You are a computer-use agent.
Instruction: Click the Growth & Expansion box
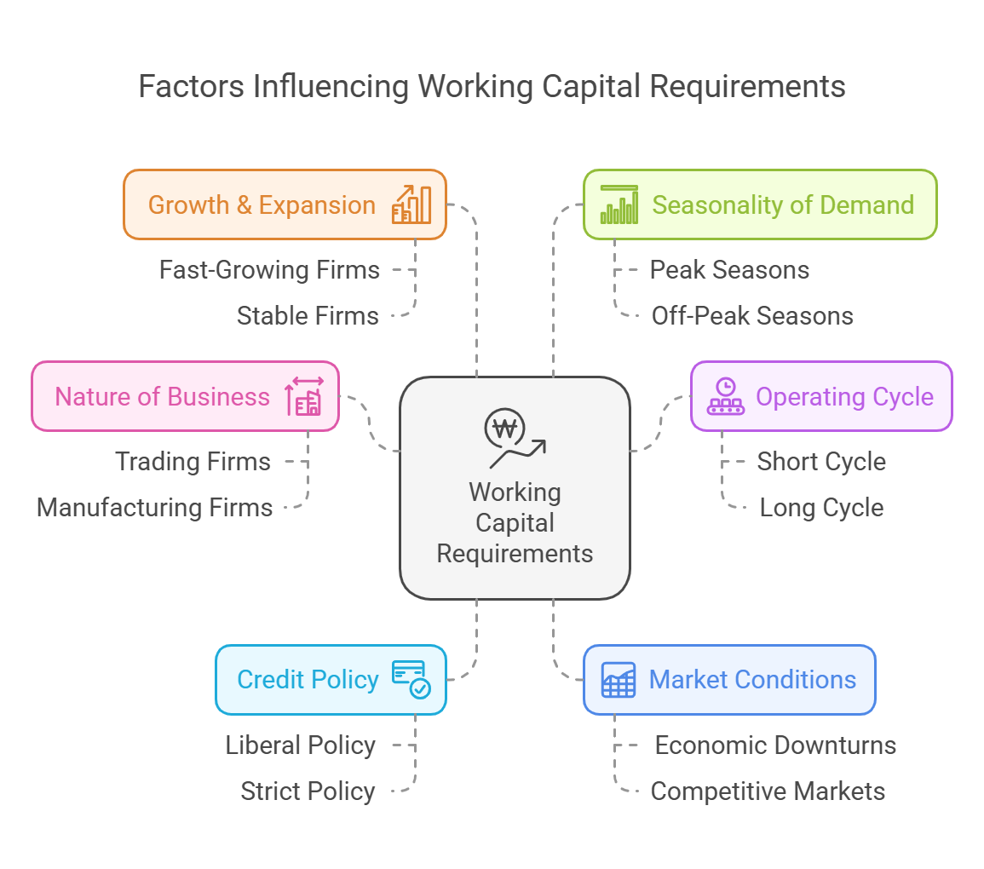285,204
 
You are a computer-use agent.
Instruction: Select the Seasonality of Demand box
759,204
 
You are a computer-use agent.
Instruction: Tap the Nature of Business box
185,396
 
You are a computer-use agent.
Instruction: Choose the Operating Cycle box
820,396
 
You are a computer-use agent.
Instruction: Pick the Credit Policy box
331,679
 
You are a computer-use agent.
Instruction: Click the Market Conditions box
729,679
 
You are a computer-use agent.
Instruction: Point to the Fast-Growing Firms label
269,270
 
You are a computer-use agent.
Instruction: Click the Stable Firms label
308,316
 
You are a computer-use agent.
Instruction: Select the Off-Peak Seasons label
752,316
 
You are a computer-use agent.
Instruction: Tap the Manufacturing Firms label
154,508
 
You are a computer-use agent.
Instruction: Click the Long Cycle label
821,508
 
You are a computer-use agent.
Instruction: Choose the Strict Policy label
308,791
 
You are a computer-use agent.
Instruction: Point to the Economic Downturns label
775,745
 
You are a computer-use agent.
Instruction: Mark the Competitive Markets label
768,791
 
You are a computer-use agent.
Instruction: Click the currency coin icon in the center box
504,429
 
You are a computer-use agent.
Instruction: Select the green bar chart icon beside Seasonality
619,204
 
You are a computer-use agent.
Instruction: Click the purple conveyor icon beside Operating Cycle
726,396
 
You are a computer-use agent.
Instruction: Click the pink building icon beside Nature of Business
304,396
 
